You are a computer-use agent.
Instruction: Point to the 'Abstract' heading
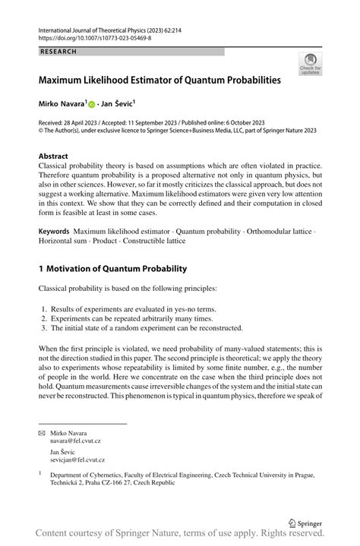(54, 156)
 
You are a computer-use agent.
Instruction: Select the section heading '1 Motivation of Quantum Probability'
(112, 268)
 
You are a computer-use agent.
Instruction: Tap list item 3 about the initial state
(141, 328)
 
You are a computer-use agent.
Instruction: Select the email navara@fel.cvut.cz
(74, 440)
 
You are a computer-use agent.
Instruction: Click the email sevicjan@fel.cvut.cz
(77, 459)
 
